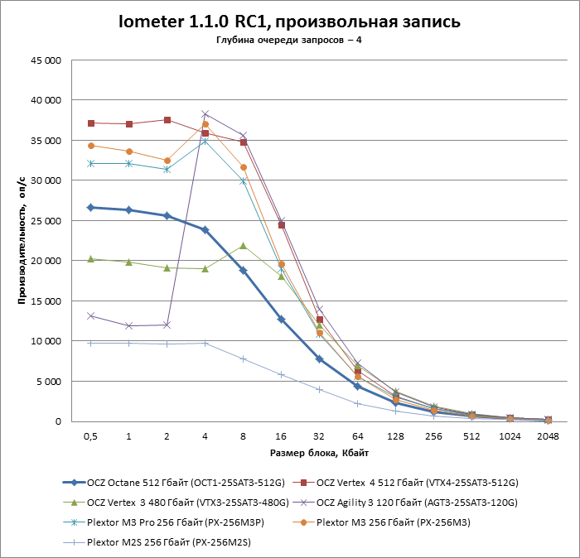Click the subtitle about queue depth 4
(289, 41)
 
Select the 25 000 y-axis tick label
(46, 221)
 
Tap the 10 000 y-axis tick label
(46, 341)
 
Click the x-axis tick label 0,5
(90, 435)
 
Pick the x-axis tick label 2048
(549, 435)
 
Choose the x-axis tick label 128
(396, 435)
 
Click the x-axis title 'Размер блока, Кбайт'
(319, 454)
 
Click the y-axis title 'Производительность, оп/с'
(24, 240)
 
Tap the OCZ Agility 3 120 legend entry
(414, 502)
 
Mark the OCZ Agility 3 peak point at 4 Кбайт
(205, 114)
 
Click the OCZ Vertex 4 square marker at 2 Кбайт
(167, 120)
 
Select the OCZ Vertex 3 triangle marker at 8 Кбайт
(243, 246)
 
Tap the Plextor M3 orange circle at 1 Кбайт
(128, 152)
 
